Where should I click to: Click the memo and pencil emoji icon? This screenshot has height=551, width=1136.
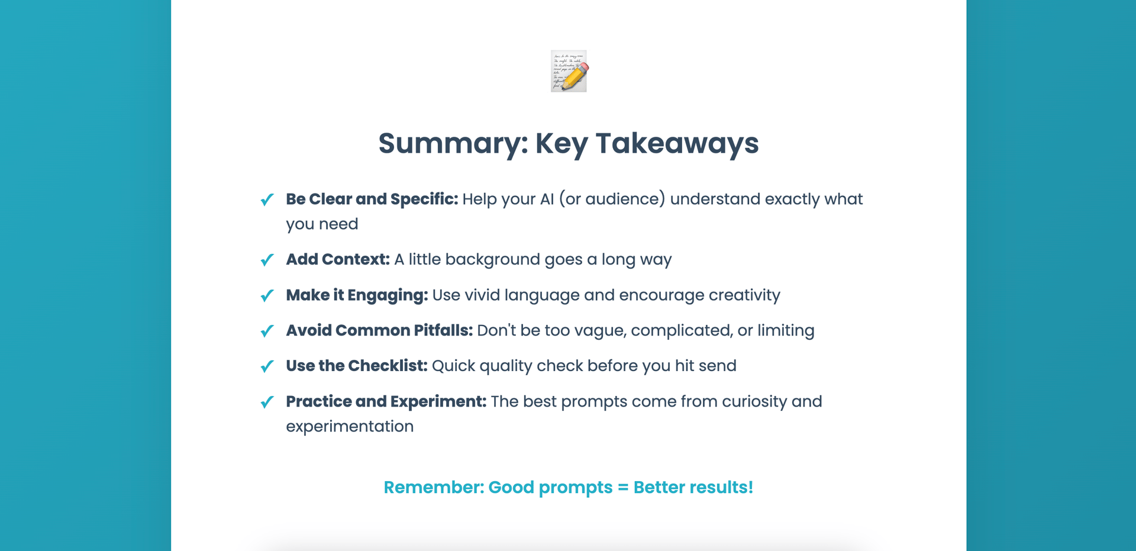click(569, 71)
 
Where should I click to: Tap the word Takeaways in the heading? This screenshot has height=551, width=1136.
click(677, 144)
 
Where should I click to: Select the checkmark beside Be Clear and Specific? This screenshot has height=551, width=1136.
click(267, 199)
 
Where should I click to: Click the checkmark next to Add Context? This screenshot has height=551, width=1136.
click(267, 260)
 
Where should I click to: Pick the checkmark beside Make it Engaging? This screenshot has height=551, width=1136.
click(267, 295)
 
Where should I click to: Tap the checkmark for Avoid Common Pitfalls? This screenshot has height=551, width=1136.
click(267, 331)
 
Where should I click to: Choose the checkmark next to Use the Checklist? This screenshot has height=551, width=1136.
click(267, 366)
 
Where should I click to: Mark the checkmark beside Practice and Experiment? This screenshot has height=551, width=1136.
click(267, 402)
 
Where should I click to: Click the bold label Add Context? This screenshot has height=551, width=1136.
click(338, 259)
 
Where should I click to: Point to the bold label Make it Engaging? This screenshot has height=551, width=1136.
click(357, 295)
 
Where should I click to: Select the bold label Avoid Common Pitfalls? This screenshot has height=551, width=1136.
click(379, 330)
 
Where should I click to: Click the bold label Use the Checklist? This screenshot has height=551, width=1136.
click(357, 366)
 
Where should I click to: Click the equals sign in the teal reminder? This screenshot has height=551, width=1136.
click(622, 488)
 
